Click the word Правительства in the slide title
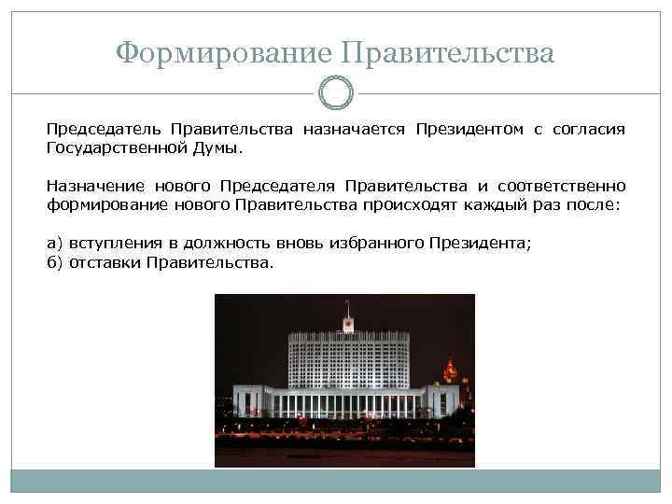(449, 52)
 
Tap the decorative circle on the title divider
(336, 92)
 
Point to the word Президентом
(469, 130)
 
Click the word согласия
(588, 130)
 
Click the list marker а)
(55, 244)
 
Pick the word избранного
(373, 244)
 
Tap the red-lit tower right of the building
(450, 370)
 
